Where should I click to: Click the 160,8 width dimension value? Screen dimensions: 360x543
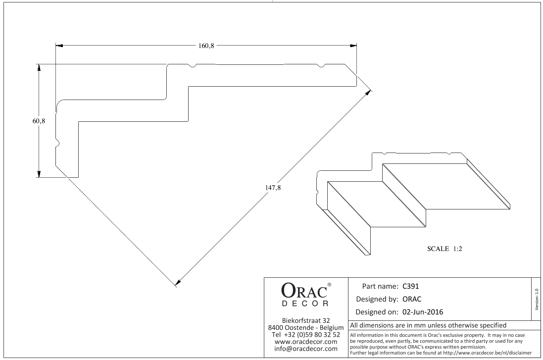coord(206,46)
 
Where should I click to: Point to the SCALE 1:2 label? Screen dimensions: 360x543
coord(444,249)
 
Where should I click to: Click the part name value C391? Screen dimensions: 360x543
coord(411,286)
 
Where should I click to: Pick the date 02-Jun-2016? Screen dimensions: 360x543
coord(423,312)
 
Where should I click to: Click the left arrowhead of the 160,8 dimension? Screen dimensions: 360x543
coord(59,46)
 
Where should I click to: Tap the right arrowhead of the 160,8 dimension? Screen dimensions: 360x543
coord(353,46)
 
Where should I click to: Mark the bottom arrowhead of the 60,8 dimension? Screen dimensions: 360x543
coord(39,173)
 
